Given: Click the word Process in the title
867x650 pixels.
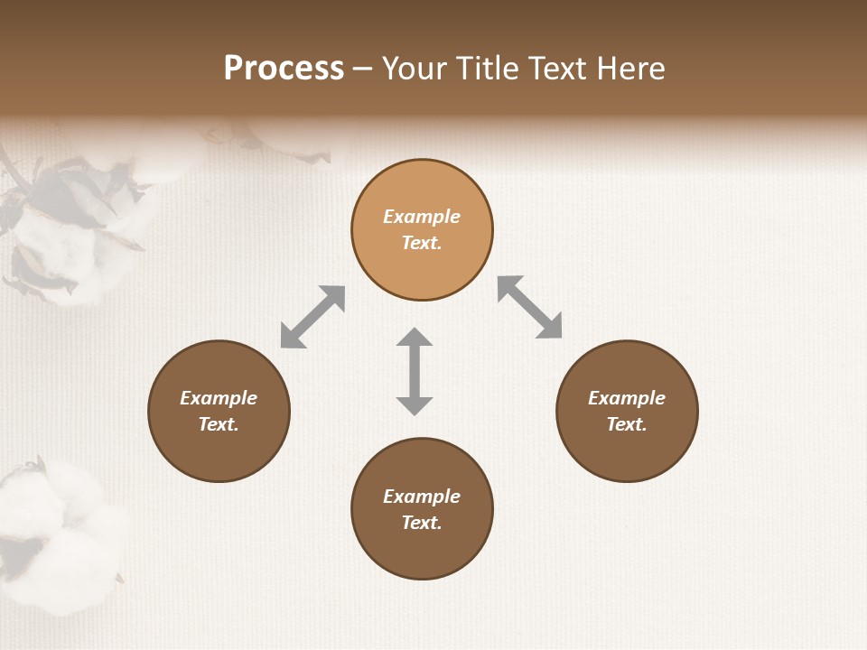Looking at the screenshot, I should [x=284, y=69].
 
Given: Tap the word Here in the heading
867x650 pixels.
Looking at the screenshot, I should [x=629, y=69].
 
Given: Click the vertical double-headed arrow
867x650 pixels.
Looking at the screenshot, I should [x=415, y=371].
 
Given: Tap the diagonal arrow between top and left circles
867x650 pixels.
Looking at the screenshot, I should [x=312, y=316].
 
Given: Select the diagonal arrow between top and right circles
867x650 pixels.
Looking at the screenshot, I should [x=530, y=307].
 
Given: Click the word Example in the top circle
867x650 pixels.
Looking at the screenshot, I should [x=422, y=217].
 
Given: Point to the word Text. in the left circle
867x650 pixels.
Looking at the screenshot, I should [x=219, y=424].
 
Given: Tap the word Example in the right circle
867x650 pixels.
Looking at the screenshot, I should [x=627, y=398].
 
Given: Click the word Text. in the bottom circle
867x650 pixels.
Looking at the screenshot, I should [x=422, y=523].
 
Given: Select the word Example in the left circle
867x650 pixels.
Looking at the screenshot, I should [x=219, y=398].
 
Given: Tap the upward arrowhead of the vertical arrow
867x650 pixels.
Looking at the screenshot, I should [x=415, y=339].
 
